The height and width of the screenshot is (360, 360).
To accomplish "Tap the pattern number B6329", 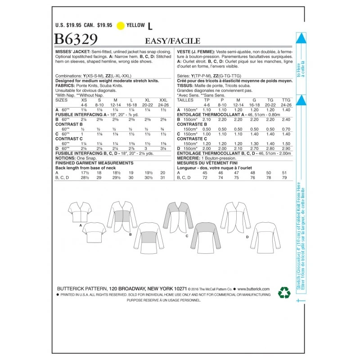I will (76, 40).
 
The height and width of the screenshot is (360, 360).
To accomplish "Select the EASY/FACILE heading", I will (173, 41).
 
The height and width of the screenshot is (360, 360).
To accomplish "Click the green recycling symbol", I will (284, 293).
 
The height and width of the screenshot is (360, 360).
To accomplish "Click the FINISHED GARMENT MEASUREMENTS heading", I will (94, 162).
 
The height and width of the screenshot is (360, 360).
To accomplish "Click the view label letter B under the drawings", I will (130, 234).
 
